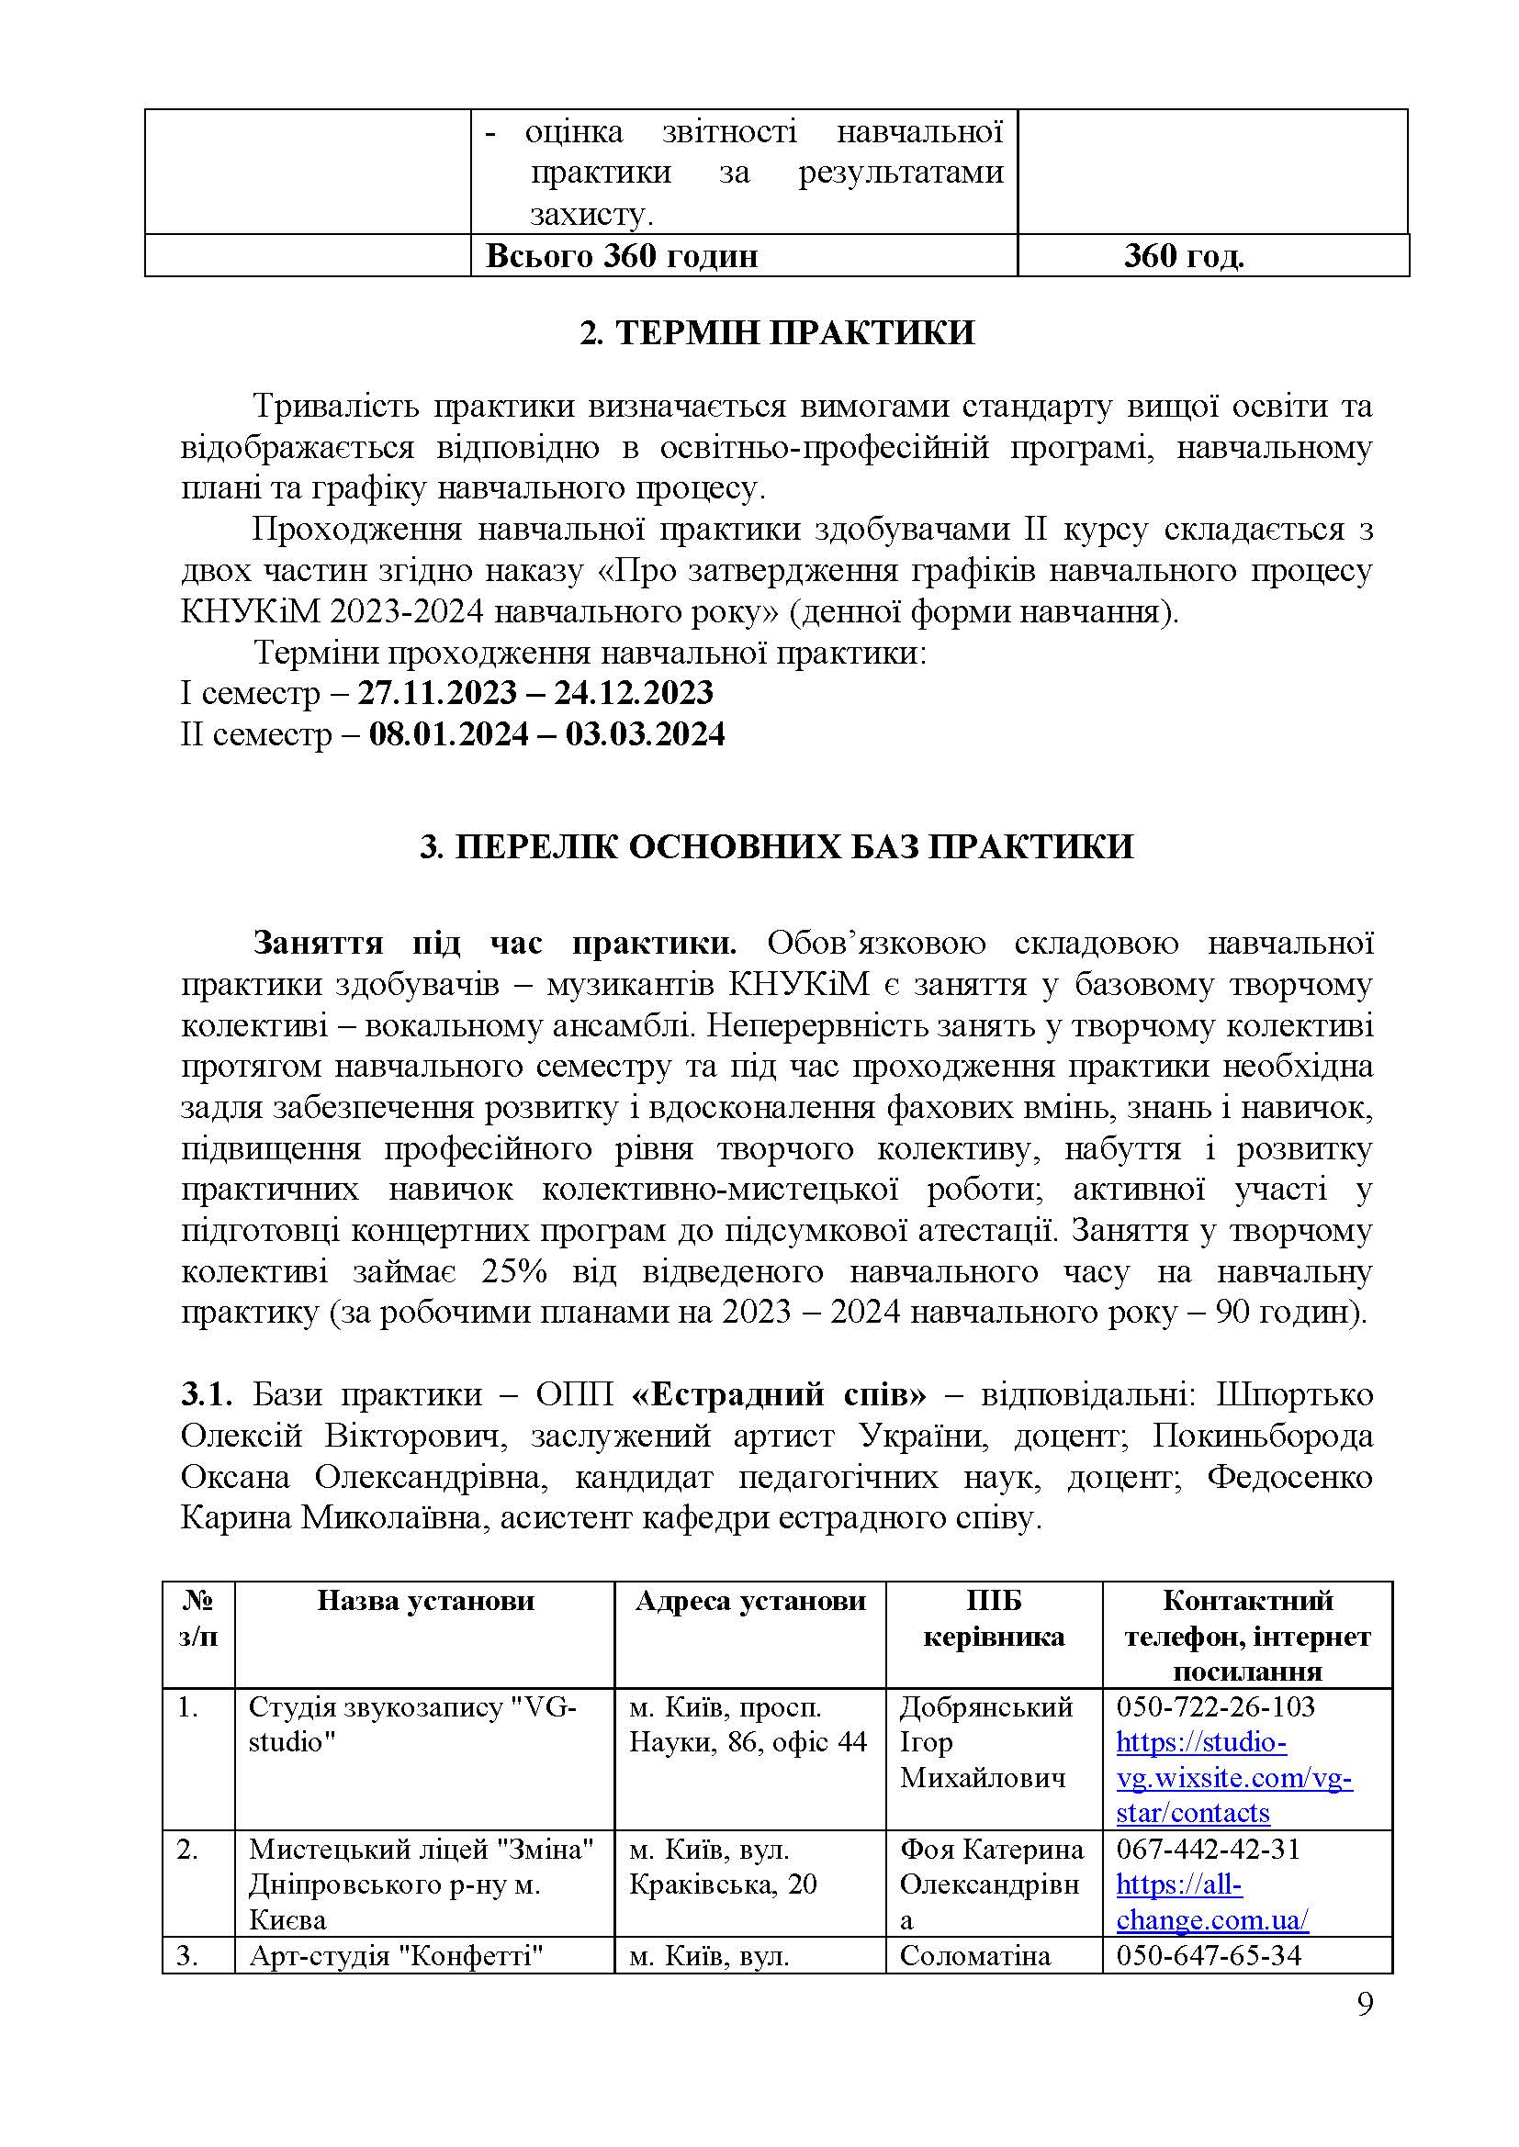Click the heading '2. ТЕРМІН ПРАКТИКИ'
coord(776,333)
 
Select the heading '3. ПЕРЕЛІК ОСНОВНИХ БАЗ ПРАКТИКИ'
coord(776,846)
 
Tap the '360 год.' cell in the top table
coord(1184,255)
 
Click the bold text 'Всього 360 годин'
coord(621,255)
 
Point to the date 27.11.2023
coord(438,693)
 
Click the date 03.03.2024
coord(646,734)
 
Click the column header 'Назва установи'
coord(424,1601)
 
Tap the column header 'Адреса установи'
coord(750,1601)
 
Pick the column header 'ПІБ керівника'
coord(994,1618)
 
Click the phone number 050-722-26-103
coord(1215,1706)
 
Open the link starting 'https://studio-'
coord(1201,1742)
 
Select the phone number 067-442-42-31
coord(1208,1850)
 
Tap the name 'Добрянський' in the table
coord(985,1706)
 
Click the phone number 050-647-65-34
coord(1209,1955)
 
